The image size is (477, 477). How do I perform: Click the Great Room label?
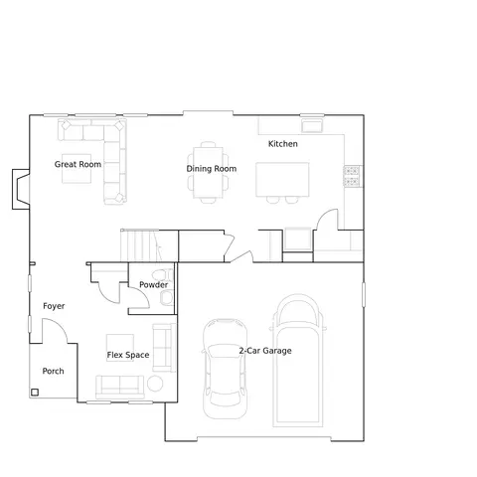[78, 164]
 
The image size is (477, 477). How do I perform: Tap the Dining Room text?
[212, 169]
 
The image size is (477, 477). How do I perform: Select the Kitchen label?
[283, 144]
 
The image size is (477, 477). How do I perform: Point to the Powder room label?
[153, 285]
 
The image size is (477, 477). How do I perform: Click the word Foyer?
[54, 306]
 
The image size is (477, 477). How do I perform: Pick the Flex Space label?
[128, 355]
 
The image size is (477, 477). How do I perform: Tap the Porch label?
[53, 371]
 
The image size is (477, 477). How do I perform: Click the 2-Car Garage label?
[265, 351]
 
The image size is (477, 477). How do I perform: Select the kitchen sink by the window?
[312, 126]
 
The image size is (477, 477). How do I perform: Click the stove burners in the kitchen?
[352, 176]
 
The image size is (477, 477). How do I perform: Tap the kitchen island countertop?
[282, 179]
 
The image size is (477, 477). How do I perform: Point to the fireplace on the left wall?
[21, 189]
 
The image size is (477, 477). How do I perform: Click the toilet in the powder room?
[163, 275]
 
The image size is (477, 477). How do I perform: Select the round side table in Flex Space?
[155, 384]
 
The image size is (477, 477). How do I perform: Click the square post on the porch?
[35, 393]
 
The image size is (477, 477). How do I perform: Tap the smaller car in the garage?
[226, 369]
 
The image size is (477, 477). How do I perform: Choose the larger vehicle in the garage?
[298, 361]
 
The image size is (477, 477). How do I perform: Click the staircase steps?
[141, 245]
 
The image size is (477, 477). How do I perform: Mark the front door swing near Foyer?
[55, 331]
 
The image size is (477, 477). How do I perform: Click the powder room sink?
[166, 297]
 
